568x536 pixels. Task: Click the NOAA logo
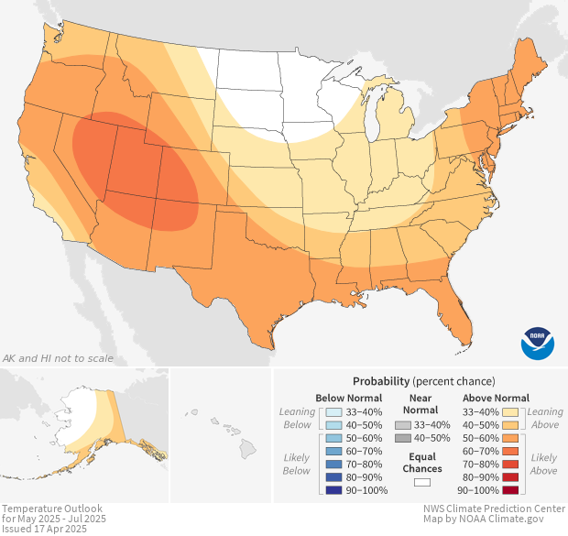tap(538, 342)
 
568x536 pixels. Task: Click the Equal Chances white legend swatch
tap(422, 481)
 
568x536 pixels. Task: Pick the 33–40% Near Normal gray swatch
tap(403, 425)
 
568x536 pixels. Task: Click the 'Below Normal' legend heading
tap(348, 398)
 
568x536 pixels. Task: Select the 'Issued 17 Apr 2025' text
tap(45, 529)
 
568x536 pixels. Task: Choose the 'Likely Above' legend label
tap(544, 464)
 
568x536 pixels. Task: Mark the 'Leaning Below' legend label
tap(297, 418)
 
